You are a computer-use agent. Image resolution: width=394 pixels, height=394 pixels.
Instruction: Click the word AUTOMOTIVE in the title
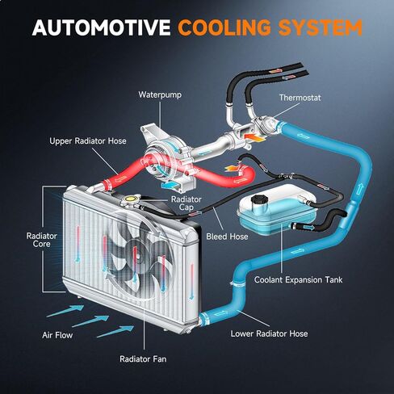coord(101,27)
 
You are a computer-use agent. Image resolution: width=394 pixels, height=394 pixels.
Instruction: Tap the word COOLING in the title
coord(224,27)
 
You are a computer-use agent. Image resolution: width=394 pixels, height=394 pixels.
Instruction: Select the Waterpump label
coord(160,95)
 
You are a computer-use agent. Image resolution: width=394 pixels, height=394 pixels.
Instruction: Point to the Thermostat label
coord(300,98)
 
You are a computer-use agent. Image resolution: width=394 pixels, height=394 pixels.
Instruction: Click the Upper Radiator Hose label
coord(88,141)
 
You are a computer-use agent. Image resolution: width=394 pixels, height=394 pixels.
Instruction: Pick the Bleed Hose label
coord(227,237)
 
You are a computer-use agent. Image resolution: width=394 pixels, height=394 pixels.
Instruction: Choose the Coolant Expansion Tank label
coord(298,280)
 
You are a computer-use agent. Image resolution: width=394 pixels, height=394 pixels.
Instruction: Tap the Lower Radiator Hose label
coord(269,333)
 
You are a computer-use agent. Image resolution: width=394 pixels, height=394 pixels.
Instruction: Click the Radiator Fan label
coord(143,359)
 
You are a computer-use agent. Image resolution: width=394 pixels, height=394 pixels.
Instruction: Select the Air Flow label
coord(57,335)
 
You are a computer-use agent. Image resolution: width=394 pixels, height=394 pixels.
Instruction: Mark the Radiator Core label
coord(42,240)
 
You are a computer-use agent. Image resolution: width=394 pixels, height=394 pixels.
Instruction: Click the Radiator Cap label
coord(187,203)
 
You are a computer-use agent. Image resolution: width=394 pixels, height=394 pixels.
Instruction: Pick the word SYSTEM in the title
coord(321,27)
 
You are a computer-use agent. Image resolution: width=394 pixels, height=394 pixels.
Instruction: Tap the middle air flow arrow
coord(90,321)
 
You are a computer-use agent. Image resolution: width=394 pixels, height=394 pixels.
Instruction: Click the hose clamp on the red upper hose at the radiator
coord(107,184)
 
